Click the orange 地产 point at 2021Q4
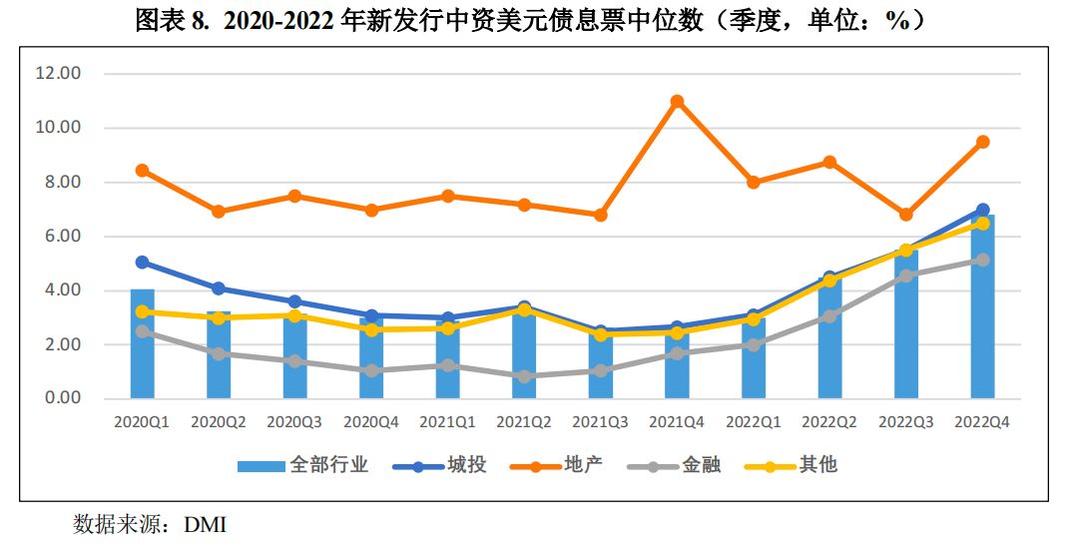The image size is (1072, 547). [x=677, y=102]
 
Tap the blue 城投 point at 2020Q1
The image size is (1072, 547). [x=143, y=263]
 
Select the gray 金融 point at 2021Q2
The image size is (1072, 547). [x=524, y=376]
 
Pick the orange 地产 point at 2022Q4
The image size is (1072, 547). [x=982, y=142]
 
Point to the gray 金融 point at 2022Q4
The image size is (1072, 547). [x=982, y=260]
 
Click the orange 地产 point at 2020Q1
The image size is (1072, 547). [x=143, y=171]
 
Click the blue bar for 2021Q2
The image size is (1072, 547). [x=524, y=359]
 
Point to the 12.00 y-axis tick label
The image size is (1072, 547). [x=58, y=74]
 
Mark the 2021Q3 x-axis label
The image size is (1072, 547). [x=601, y=422]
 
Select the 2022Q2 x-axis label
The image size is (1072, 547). [x=829, y=422]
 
